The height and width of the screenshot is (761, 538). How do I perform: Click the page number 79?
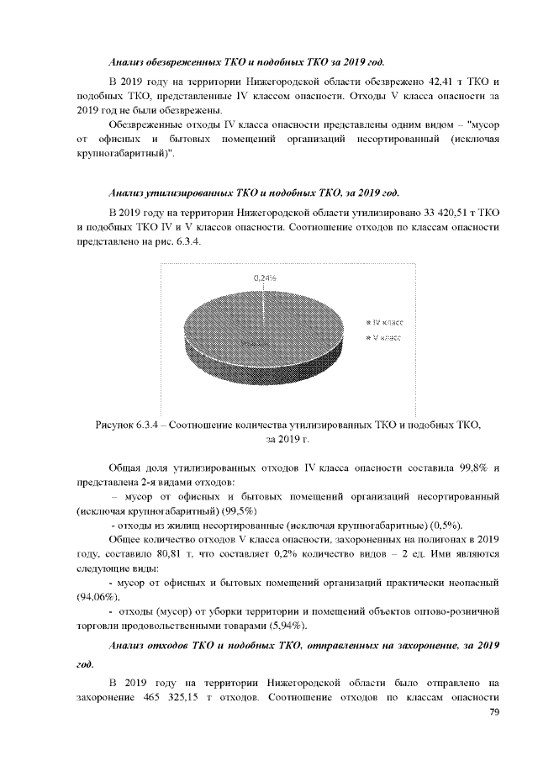point(494,713)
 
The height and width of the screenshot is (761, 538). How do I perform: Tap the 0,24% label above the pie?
point(266,276)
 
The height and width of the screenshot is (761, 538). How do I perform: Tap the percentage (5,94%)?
point(282,626)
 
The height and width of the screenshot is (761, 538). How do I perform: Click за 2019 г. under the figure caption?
point(287,439)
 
